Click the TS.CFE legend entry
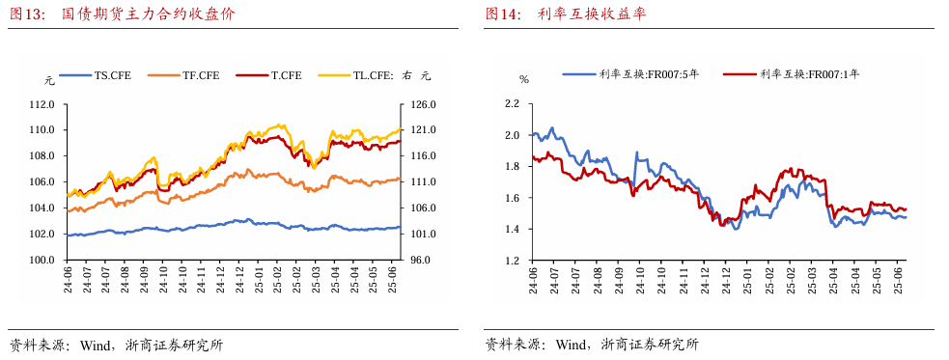pos(97,75)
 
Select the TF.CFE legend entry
pos(186,75)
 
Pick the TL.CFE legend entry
pos(375,75)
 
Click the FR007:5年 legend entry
pos(630,73)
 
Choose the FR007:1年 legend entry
pos(792,73)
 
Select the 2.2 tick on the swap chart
pos(512,104)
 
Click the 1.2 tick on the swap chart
pos(512,261)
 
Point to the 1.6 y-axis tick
pos(512,198)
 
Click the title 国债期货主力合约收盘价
pos(149,14)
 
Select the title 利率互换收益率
pos(592,14)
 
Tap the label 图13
pos(27,14)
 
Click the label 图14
pos(502,14)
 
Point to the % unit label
pos(524,79)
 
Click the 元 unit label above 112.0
pos(49,79)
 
